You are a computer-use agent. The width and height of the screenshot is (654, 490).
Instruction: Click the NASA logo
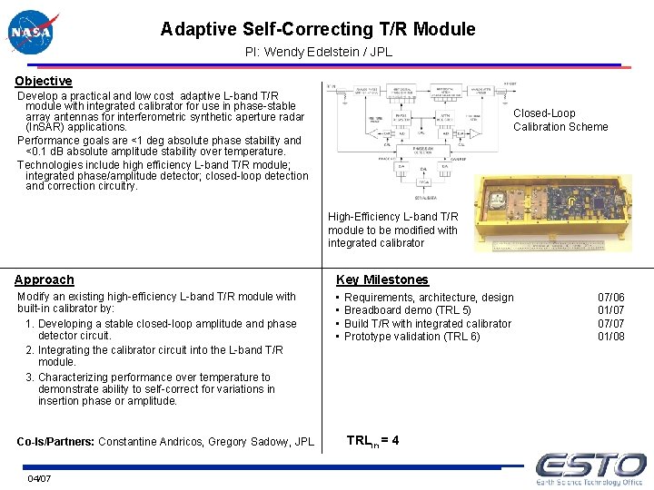32,33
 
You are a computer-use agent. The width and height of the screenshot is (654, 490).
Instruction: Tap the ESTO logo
590,469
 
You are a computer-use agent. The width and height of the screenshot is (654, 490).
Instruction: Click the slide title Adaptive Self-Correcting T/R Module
318,29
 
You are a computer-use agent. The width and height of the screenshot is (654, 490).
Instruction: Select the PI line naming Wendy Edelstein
319,52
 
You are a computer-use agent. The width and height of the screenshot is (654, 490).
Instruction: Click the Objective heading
43,81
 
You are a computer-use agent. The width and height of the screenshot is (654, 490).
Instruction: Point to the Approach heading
45,279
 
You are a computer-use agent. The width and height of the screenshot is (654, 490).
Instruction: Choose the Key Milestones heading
381,279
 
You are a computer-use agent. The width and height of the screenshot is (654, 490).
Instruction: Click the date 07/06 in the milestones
610,298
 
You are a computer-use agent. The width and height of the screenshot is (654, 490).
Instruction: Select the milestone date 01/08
610,337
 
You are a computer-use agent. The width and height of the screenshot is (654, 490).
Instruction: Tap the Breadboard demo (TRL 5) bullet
407,310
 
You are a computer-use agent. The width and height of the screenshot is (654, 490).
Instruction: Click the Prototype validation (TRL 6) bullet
411,337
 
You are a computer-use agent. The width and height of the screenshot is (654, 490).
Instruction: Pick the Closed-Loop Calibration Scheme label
560,120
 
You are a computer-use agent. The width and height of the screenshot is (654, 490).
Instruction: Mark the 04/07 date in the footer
39,478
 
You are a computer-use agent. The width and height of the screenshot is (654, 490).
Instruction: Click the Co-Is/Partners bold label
55,442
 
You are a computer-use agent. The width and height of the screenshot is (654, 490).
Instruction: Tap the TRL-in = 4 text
372,441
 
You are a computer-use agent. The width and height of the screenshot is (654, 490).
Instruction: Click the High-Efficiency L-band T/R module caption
392,230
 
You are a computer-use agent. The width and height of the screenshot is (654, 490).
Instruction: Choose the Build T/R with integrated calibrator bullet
427,324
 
